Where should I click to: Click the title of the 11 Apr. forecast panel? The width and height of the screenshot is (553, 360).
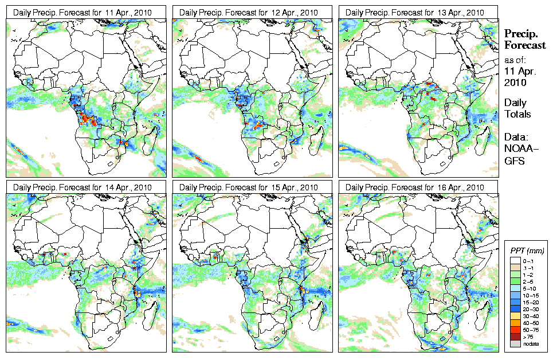[x=85, y=13]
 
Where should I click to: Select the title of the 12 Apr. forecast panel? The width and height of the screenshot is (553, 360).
[x=252, y=13]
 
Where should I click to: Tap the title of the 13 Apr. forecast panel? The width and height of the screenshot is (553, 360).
[x=418, y=13]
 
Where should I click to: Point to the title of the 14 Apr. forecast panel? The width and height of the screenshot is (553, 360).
[x=85, y=187]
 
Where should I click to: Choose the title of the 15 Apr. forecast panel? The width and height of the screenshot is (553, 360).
[x=252, y=187]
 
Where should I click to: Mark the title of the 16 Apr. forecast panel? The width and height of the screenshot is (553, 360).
[x=418, y=187]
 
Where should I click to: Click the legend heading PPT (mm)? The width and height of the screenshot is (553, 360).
[x=527, y=251]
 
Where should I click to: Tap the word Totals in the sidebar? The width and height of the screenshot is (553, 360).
[x=517, y=114]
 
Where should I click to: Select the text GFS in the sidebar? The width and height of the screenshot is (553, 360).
[x=514, y=161]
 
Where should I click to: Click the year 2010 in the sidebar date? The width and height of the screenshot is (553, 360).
[x=515, y=83]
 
